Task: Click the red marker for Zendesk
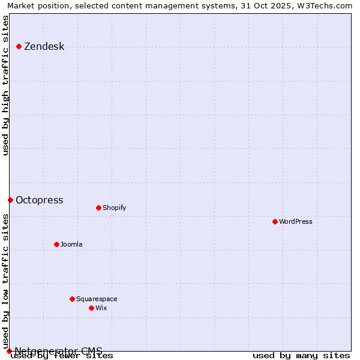coord(19,46)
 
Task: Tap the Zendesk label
coord(44,47)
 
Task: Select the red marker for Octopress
coord(10,200)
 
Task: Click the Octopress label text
coord(39,200)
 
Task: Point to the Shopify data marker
coord(98,208)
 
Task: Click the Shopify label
coord(114,208)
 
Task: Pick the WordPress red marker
coord(275,221)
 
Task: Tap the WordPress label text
coord(295,222)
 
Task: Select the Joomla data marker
coord(56,244)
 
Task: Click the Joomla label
coord(71,245)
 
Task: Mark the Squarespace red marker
coord(72,299)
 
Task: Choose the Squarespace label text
coord(97,299)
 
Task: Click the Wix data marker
coord(91,308)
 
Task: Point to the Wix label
coord(101,308)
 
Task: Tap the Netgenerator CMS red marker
coord(9,351)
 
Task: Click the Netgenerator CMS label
coord(58,351)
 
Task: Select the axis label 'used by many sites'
coord(301,356)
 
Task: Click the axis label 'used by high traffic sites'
coord(6,85)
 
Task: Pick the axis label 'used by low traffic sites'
coord(6,281)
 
